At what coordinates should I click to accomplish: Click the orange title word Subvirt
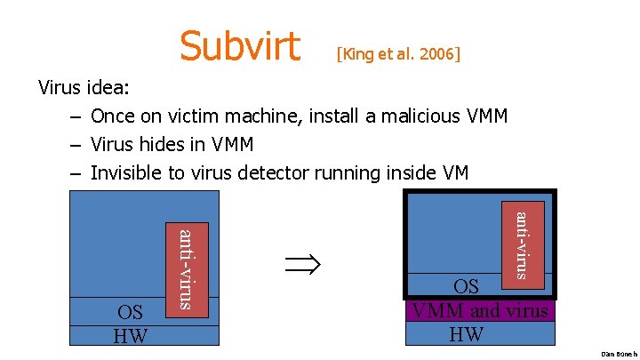click(240, 45)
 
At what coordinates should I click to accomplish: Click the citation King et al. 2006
click(398, 54)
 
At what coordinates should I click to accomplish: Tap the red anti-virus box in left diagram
click(187, 268)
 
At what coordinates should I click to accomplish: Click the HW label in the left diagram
click(131, 335)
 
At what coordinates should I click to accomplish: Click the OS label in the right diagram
click(467, 286)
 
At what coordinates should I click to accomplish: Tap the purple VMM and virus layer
click(479, 311)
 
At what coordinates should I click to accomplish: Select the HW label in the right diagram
click(468, 333)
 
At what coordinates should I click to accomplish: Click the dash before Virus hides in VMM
click(75, 144)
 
